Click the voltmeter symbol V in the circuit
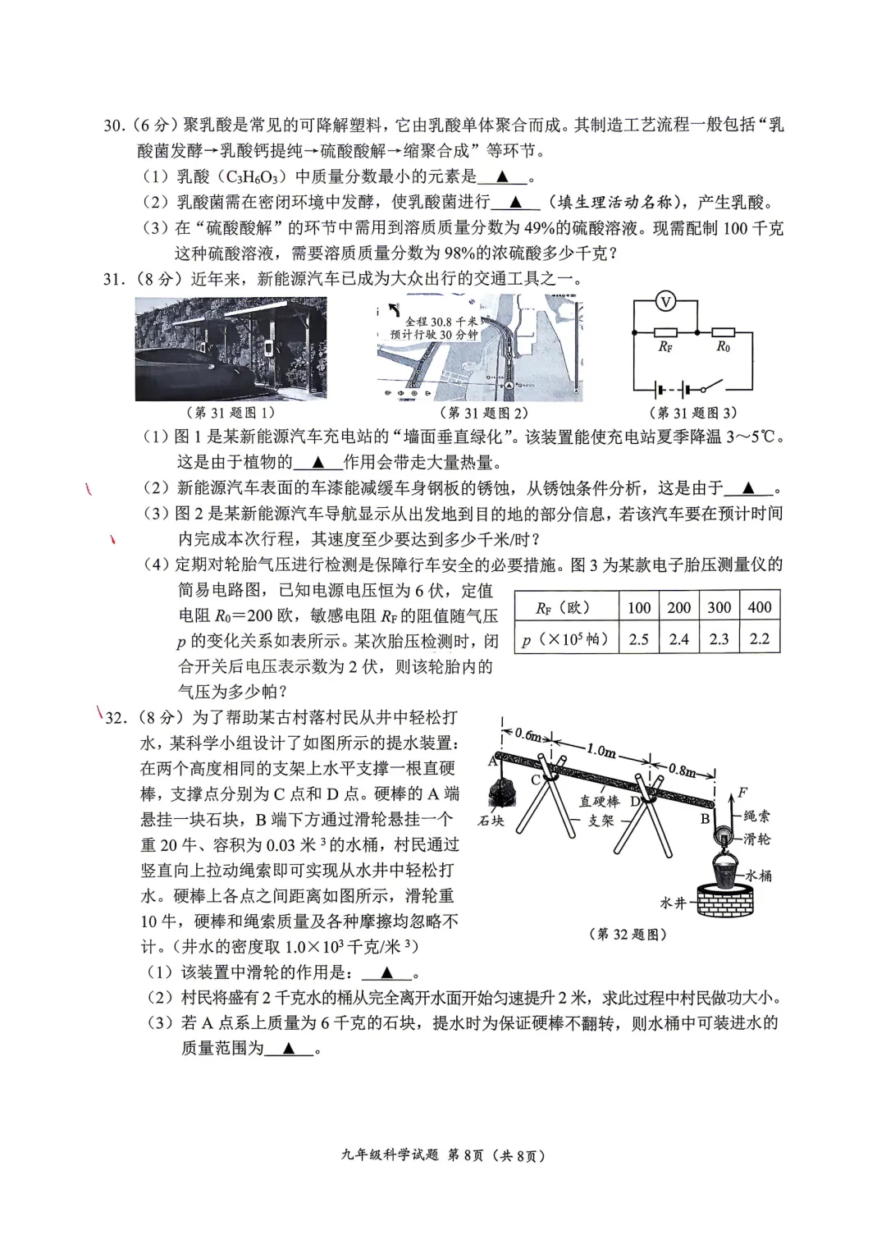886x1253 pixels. coord(665,303)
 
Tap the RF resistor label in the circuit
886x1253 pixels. coord(665,347)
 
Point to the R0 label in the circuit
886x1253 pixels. coord(723,347)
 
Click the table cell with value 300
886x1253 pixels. coord(719,607)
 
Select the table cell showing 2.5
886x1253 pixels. coord(638,639)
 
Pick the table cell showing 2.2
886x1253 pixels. coord(759,639)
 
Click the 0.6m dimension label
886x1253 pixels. coord(527,735)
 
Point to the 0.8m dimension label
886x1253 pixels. coord(682,770)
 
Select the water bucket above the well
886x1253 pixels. coord(724,869)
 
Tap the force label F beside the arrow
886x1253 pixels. coord(742,793)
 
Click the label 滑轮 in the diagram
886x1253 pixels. coord(756,839)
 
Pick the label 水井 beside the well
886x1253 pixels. coord(673,903)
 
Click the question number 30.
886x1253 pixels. coord(113,126)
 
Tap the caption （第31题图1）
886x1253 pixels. coord(231,413)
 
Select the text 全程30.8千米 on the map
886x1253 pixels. coord(441,322)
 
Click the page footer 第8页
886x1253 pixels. coord(465,1156)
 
